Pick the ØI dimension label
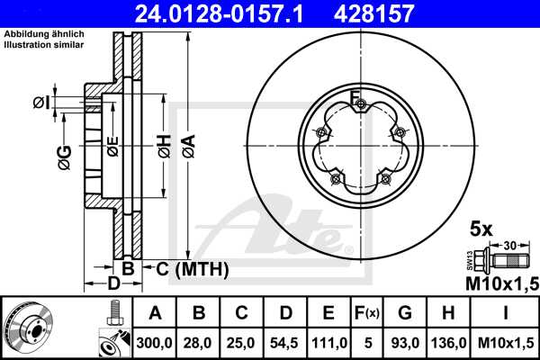point(40,103)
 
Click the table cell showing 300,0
point(155,343)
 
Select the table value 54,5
point(284,343)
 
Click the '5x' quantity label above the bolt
point(481,229)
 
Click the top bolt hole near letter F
point(360,106)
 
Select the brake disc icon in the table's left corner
point(31,328)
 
